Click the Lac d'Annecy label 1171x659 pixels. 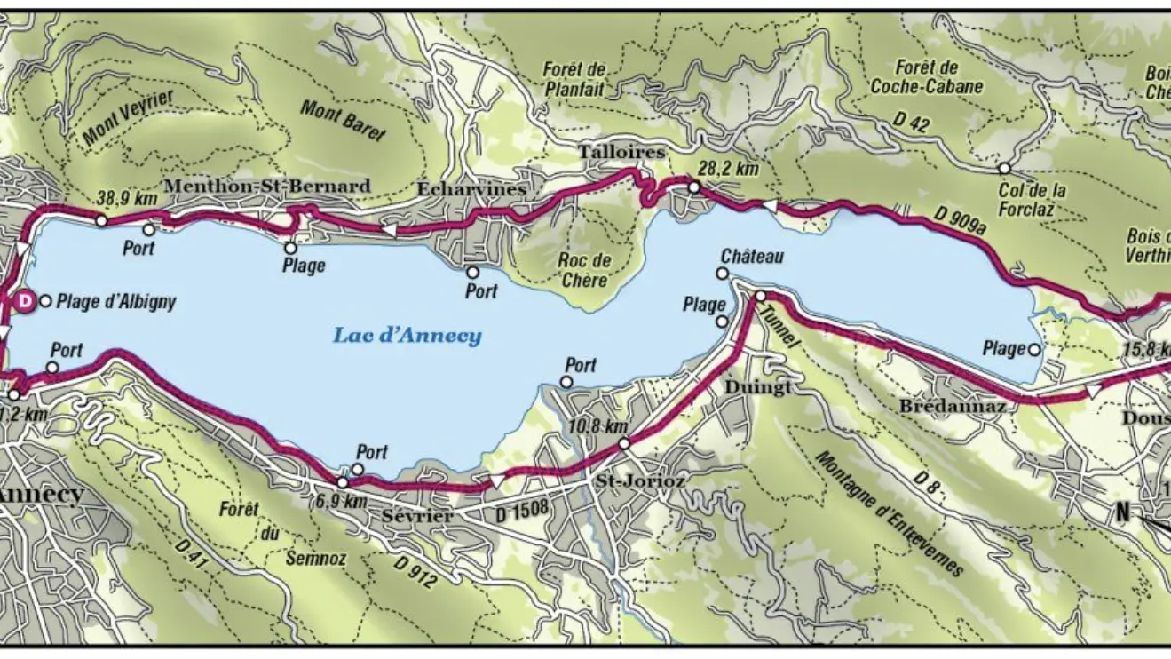coord(407,336)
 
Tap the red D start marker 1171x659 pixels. coord(26,302)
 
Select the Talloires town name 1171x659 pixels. coord(621,152)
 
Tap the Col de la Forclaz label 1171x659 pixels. coord(1032,198)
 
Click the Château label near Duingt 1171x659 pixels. coord(752,257)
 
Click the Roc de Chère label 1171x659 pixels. coord(585,271)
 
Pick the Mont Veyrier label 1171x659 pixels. coord(129,118)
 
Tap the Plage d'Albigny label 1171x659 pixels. coord(116,302)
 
